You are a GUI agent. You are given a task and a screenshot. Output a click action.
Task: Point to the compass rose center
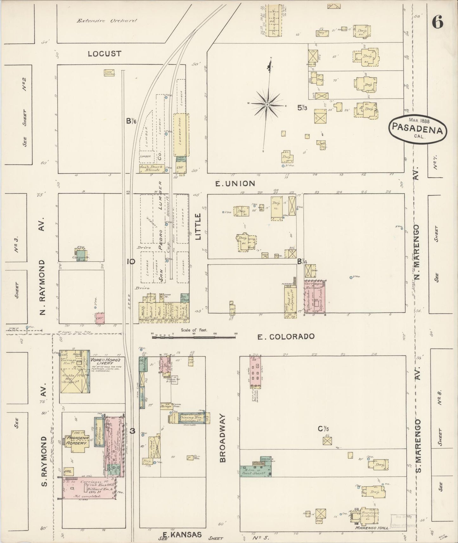(x=268, y=104)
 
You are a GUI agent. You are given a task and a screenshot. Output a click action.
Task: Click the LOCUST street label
(x=105, y=54)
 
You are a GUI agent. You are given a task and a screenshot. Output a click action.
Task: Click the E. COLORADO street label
(x=286, y=336)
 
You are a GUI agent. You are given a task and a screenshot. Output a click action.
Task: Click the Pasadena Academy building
(x=76, y=440)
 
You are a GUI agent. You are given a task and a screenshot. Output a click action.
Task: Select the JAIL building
(x=68, y=471)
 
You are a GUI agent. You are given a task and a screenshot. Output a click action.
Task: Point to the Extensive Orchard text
(x=107, y=21)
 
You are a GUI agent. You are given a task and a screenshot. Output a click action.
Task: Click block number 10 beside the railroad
(x=131, y=261)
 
